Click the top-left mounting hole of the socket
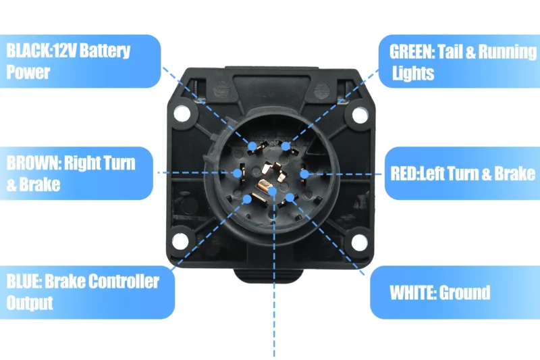[180, 115]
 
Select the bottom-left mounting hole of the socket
[180, 241]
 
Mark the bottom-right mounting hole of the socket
[358, 241]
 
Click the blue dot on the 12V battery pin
[252, 146]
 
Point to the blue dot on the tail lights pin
[286, 146]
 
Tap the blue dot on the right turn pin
[237, 173]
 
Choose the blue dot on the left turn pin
[304, 174]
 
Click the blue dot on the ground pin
[290, 197]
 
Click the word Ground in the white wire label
[464, 293]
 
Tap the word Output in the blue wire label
[30, 302]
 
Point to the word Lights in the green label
[413, 73]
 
